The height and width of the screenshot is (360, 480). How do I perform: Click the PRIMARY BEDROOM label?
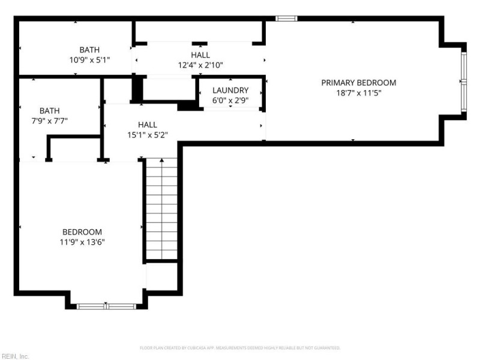358,83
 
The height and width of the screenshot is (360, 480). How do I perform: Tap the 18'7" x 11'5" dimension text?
358,93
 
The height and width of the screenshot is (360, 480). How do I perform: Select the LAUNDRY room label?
230,91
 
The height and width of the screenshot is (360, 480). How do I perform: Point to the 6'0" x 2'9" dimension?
230,100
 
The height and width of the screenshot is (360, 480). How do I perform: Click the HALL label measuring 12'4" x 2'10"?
200,55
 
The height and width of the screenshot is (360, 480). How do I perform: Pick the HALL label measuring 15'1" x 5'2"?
148,125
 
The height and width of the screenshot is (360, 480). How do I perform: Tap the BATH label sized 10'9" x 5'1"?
89,50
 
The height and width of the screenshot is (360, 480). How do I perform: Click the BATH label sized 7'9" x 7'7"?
50,110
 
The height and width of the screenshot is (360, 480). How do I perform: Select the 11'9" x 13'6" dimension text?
82,242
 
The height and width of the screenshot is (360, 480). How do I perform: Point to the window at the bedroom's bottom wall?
106,306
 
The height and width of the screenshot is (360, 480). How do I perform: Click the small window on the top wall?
286,19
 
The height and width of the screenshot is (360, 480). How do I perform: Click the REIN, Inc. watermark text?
15,356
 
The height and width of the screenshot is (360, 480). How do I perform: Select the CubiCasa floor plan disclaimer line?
240,347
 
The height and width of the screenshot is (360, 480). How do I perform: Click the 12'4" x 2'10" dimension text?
200,65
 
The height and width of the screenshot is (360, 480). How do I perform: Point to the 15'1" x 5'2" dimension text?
148,135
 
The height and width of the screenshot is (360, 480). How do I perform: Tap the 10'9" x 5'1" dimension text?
89,60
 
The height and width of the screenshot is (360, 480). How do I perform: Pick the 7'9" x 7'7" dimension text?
50,120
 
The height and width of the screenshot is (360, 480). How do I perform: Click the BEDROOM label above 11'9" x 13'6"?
82,232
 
